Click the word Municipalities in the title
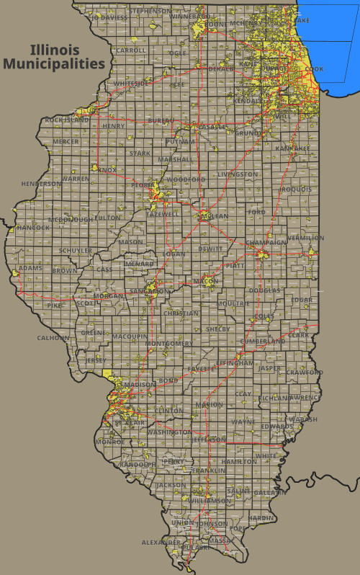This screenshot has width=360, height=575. tap(54, 63)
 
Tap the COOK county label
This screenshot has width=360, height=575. tap(314, 69)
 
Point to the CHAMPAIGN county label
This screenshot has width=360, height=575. tap(266, 243)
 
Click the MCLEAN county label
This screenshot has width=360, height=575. tap(214, 216)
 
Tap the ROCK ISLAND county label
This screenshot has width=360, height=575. tap(68, 120)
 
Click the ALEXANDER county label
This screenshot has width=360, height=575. tap(161, 542)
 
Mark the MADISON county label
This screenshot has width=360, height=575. tap(138, 385)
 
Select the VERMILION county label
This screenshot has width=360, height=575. tap(305, 238)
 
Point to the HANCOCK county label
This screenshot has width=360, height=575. tap(33, 228)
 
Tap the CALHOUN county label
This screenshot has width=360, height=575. tap(53, 337)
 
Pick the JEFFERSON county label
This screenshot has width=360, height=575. tap(209, 440)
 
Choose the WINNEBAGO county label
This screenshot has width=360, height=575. tap(190, 16)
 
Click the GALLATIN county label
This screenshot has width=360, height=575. tap(270, 493)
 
